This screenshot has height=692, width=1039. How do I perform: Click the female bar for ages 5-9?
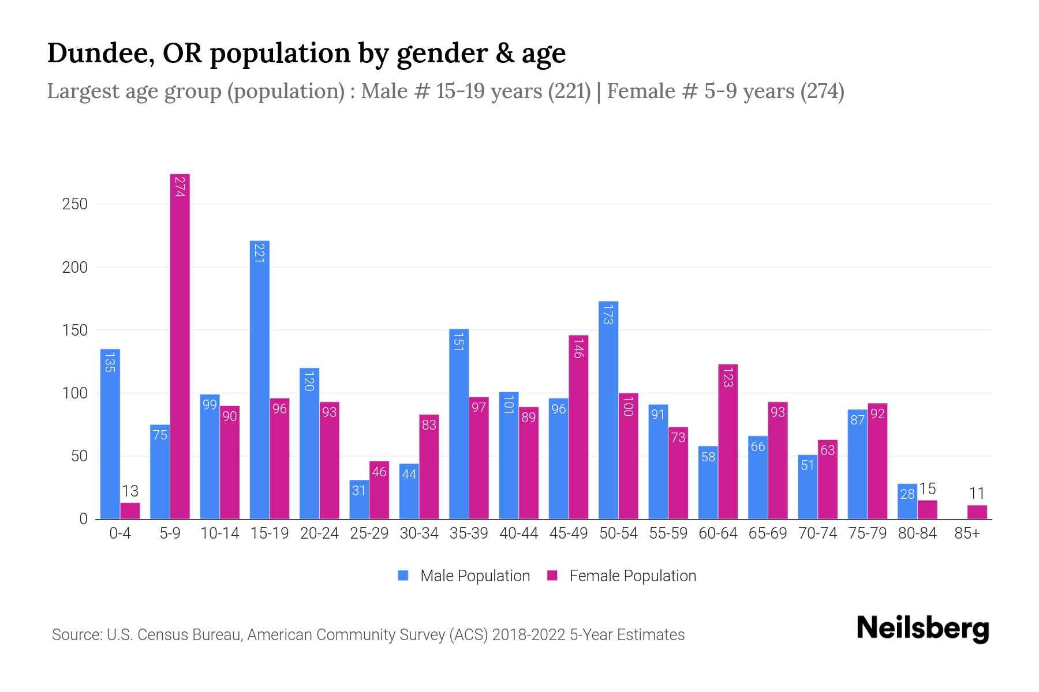point(180,346)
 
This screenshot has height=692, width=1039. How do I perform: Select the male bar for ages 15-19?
point(260,381)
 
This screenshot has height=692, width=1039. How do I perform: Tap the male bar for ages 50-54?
point(608,409)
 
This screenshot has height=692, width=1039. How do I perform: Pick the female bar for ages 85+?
point(977,512)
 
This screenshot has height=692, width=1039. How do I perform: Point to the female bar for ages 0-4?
point(130,511)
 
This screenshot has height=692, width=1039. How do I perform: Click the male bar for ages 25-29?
point(359,499)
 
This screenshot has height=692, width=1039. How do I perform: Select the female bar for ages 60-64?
point(728,441)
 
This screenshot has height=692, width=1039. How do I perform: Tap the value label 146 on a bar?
point(578,348)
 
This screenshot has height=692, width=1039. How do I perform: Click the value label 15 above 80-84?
point(927,489)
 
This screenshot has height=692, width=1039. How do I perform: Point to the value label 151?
point(459,341)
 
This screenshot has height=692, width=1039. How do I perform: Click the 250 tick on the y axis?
point(75,204)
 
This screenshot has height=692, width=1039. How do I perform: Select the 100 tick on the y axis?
point(75,393)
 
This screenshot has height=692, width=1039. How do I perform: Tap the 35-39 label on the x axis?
point(469,533)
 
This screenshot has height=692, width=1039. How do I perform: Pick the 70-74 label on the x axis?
point(817,533)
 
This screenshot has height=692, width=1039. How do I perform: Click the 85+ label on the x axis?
point(967,533)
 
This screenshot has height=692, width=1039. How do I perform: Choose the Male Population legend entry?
point(464,576)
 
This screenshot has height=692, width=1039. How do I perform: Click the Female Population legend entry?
point(622,576)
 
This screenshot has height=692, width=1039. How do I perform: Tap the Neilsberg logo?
point(922,628)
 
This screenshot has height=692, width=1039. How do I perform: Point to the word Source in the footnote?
point(77,635)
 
